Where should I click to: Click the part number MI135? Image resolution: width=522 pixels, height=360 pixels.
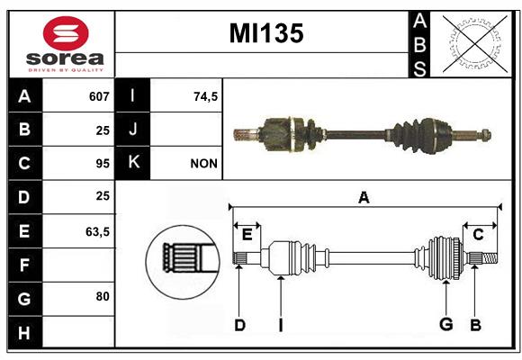pos(266,33)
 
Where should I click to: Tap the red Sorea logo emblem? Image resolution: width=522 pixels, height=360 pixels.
pos(66,33)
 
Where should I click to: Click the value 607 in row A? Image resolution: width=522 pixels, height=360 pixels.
pos(99,96)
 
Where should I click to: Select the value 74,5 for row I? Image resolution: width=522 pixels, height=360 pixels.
pos(205,97)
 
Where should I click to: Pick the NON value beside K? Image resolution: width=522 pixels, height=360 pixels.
pos(203,164)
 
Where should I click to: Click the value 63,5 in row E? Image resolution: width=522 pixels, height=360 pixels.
pos(97,231)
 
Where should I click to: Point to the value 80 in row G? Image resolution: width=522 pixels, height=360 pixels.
pos(103,296)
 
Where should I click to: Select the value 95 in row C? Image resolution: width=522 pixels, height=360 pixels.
pos(103,164)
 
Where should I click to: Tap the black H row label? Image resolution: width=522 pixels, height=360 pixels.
pos(25,332)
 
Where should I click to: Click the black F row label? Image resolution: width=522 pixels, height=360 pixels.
pos(25,265)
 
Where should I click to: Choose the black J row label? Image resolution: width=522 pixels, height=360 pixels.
pos(132,130)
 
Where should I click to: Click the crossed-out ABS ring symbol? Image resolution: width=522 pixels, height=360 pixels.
pos(474,43)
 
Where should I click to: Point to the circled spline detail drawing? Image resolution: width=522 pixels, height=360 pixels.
pos(183,262)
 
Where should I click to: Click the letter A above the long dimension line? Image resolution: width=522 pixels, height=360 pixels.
pos(364,198)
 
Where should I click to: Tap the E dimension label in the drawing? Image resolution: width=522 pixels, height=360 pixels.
pos(247,235)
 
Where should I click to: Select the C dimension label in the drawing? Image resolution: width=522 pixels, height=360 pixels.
pos(478,235)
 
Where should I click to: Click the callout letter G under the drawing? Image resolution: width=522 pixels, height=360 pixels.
pos(446,324)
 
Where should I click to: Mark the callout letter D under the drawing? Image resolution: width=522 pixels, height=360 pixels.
pos(239,325)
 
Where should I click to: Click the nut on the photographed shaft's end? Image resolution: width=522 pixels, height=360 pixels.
pos(485,135)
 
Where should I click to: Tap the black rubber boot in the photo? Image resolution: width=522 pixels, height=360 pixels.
pos(407,136)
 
